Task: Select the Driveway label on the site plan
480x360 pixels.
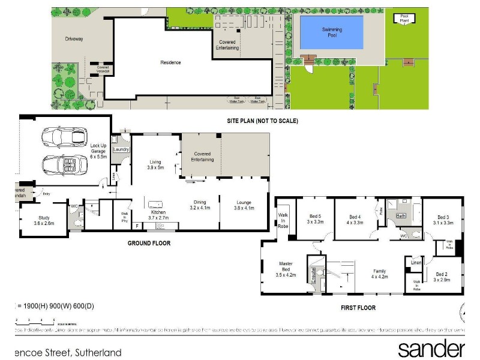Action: pyautogui.click(x=74, y=39)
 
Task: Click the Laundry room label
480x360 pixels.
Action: pyautogui.click(x=122, y=149)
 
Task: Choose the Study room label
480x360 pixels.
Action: pyautogui.click(x=44, y=220)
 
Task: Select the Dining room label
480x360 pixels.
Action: pyautogui.click(x=200, y=205)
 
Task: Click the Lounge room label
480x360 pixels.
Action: pyautogui.click(x=244, y=205)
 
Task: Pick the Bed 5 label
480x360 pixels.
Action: pyautogui.click(x=316, y=218)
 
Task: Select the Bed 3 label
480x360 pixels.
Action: pyautogui.click(x=443, y=220)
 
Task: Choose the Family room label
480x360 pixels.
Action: pyautogui.click(x=380, y=274)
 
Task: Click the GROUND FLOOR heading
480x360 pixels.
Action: pyautogui.click(x=149, y=243)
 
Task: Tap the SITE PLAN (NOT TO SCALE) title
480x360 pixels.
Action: pyautogui.click(x=262, y=121)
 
